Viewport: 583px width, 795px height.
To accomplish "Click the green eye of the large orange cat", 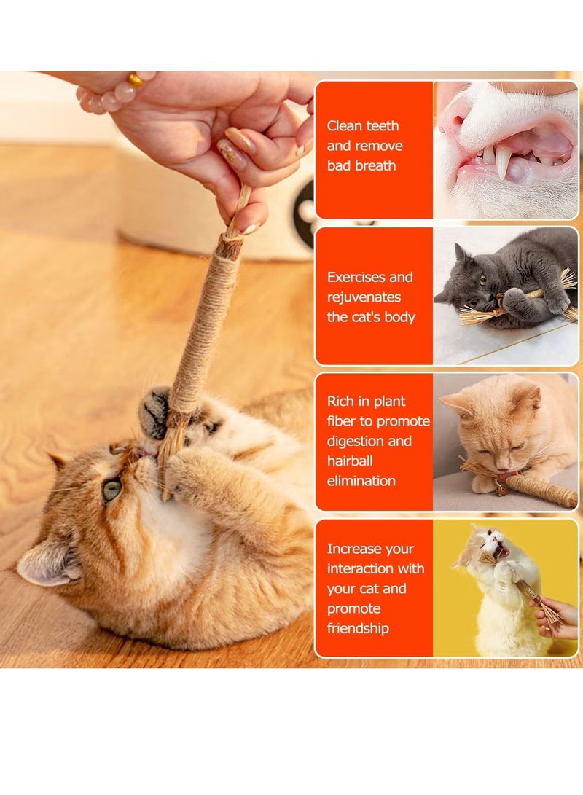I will [111, 490].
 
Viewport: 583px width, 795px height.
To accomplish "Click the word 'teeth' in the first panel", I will [382, 126].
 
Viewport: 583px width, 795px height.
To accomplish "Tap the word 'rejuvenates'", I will [364, 297].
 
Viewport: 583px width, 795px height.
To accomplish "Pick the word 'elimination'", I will [361, 481].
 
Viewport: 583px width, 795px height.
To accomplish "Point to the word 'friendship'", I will [358, 628].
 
